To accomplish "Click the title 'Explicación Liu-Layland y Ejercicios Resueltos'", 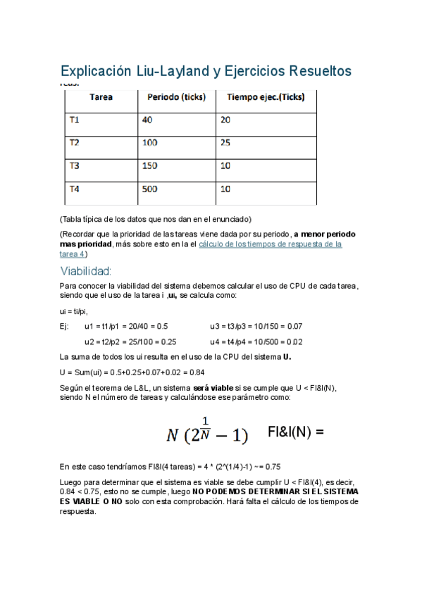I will click(x=206, y=72).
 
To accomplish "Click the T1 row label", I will click(x=75, y=120).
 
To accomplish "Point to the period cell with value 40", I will click(x=147, y=120).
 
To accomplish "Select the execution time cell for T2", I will click(x=226, y=143).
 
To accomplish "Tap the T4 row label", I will click(x=75, y=189).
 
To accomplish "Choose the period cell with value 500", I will click(x=151, y=189).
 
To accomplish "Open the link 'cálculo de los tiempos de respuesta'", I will click(x=271, y=244).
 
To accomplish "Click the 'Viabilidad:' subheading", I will click(x=87, y=271).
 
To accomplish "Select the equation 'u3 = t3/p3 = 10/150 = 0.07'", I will click(x=256, y=327).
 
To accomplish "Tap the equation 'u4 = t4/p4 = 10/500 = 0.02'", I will click(x=256, y=341).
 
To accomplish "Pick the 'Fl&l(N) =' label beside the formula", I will click(x=296, y=430).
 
